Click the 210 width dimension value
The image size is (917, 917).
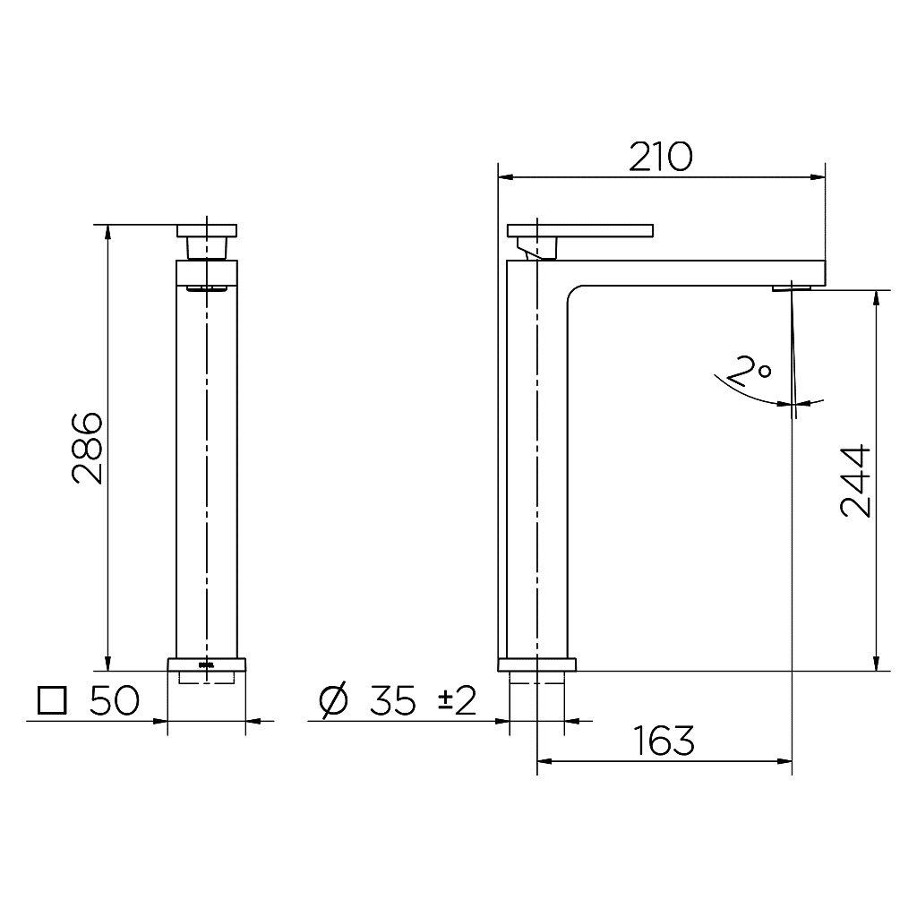point(660,157)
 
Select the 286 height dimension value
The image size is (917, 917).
point(88,448)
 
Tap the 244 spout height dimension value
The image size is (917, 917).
point(855,480)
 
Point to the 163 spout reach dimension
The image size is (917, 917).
point(664,741)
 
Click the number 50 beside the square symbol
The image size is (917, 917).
point(114,701)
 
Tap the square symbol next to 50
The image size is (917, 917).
point(52,700)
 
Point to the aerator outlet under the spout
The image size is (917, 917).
point(792,287)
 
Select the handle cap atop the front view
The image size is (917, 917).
point(208,230)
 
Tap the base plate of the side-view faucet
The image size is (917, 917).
point(536,664)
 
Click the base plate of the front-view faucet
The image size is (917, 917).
point(207,664)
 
